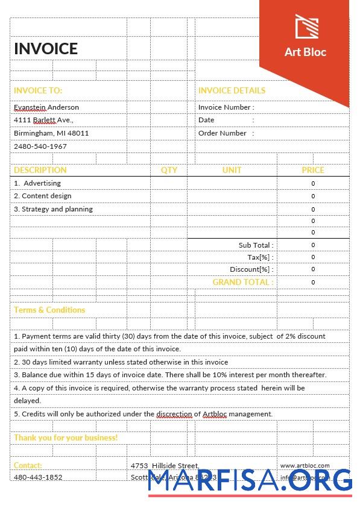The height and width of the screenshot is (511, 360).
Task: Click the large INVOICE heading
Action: point(46,49)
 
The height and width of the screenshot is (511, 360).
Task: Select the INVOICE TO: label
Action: point(38,90)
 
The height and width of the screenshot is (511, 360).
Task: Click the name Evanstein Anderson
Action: point(46,107)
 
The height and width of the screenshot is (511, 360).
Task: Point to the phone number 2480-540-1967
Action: point(40,146)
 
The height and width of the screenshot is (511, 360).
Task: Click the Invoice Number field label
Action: point(226,107)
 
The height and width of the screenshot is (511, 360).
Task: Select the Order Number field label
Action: point(223,133)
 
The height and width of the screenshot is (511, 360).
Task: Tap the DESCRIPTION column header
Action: point(40,170)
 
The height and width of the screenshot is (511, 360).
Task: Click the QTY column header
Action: point(169,170)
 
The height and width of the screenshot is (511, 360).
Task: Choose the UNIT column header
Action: point(232,170)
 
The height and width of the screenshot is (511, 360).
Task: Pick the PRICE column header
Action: point(313,170)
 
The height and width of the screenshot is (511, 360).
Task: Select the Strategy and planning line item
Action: point(53,209)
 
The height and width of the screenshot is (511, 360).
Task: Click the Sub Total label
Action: point(256,245)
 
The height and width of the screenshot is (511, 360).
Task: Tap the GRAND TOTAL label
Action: point(242,282)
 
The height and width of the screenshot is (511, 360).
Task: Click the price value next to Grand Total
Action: point(313,282)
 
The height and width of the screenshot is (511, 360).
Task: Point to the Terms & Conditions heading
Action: point(49,310)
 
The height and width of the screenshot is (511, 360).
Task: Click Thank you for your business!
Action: point(66,437)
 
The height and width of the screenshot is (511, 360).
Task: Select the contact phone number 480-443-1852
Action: point(38,477)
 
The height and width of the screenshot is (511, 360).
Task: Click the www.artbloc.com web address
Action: point(305,466)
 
